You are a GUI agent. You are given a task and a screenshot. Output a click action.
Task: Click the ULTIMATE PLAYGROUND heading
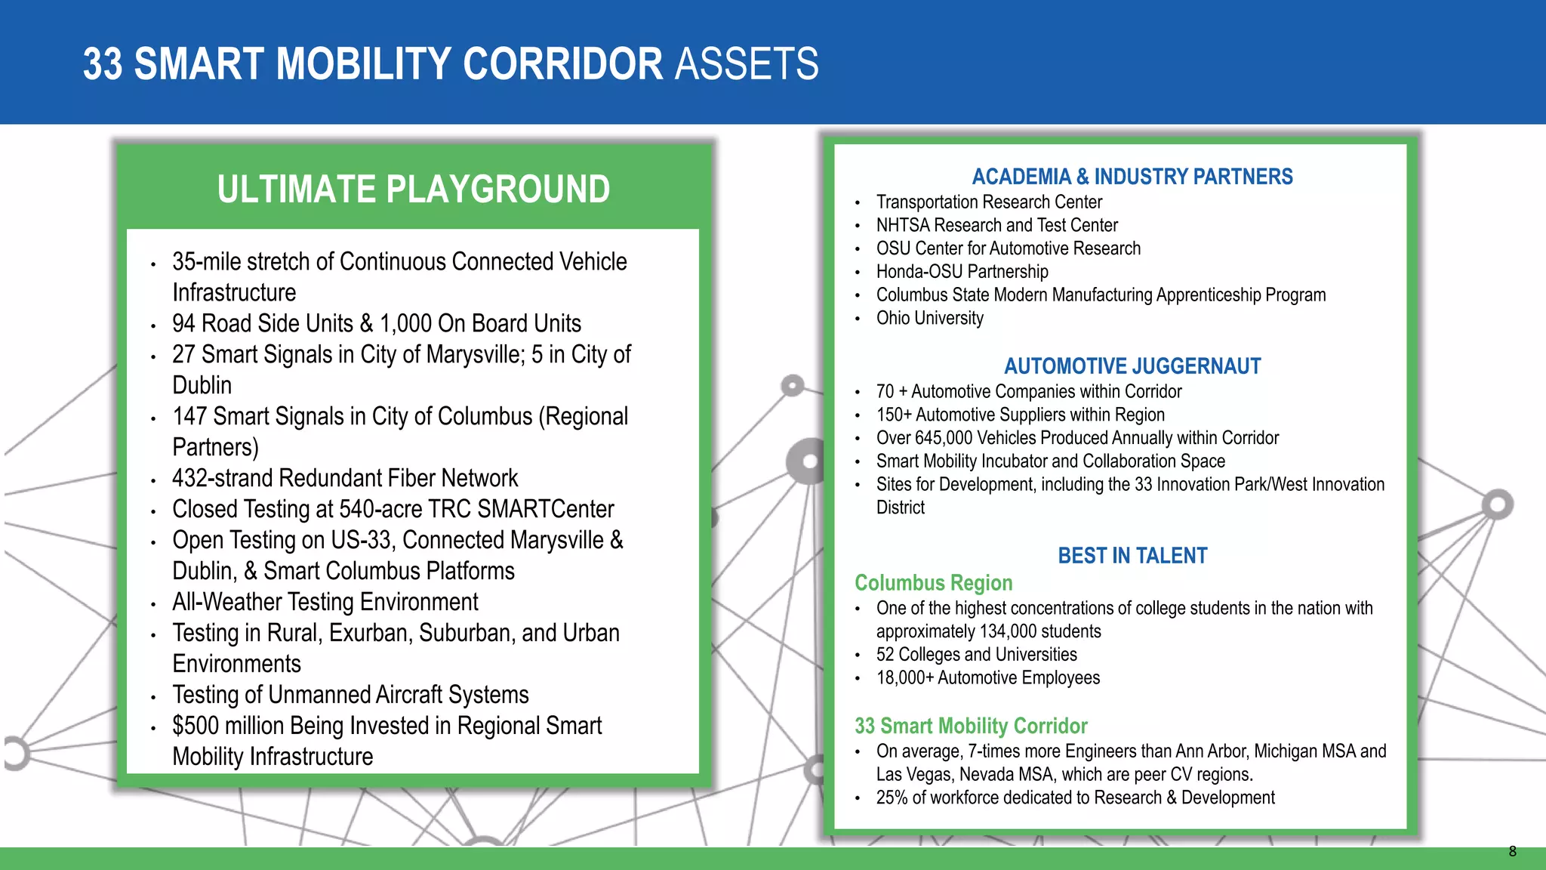tap(414, 189)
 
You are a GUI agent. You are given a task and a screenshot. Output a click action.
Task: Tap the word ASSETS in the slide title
tap(746, 64)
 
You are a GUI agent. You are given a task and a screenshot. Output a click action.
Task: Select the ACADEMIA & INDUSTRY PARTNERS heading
tap(1132, 177)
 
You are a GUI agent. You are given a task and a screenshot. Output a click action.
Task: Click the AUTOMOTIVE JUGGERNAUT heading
tap(1132, 366)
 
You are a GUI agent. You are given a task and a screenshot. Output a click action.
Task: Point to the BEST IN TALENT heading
tap(1132, 556)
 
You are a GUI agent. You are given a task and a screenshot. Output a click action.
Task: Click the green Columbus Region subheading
tap(933, 583)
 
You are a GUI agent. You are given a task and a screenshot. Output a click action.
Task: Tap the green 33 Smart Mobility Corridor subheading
tap(971, 726)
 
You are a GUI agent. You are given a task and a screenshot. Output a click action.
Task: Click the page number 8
tap(1512, 851)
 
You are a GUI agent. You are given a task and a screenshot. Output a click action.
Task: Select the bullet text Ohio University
tap(929, 318)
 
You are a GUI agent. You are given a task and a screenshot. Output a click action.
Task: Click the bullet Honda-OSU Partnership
tap(962, 272)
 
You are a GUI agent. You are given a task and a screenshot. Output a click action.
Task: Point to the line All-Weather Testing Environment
tap(325, 602)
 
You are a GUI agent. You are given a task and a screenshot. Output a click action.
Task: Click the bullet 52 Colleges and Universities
tap(976, 655)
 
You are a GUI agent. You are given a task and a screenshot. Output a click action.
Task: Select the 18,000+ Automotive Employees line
tap(987, 678)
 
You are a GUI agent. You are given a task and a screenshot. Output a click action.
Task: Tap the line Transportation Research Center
tap(989, 202)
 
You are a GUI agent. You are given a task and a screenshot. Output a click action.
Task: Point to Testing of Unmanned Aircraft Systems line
tap(350, 695)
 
